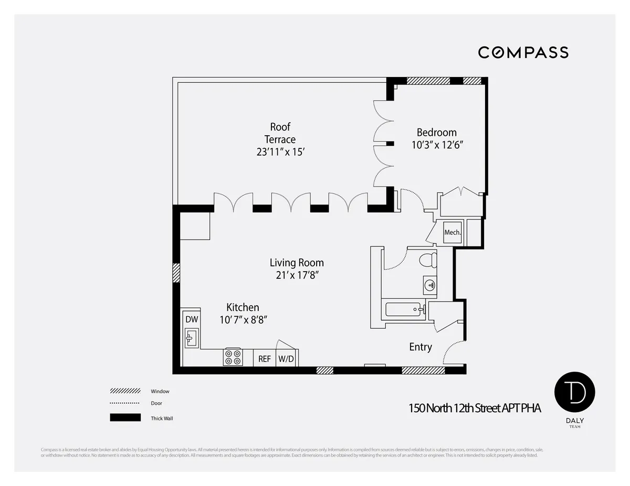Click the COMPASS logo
523,52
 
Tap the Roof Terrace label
280,133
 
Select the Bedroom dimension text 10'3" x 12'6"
437,145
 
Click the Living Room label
297,263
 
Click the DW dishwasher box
191,319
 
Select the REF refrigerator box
265,359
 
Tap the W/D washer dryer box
286,359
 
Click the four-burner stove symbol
233,357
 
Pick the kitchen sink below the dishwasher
191,338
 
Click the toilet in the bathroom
429,260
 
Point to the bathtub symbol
404,309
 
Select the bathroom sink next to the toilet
430,285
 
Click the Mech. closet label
452,232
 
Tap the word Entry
421,347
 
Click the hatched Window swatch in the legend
125,391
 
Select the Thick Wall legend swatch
125,418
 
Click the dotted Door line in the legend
125,403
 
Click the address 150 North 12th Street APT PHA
475,408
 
